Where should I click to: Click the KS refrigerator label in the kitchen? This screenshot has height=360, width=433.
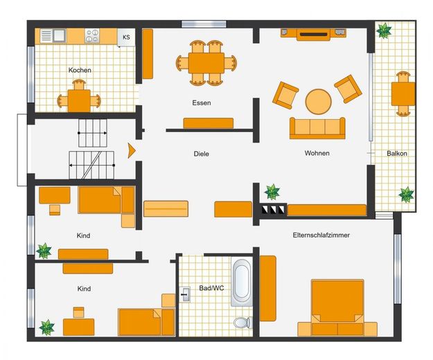(126, 37)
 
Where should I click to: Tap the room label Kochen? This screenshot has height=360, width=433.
(80, 70)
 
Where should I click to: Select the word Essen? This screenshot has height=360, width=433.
(202, 103)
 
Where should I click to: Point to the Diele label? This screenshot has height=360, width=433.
(202, 154)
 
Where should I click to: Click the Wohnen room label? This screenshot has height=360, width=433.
(317, 153)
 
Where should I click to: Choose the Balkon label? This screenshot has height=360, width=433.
(397, 154)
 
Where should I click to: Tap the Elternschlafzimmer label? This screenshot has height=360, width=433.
(321, 235)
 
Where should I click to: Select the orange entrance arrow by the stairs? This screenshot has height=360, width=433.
(132, 151)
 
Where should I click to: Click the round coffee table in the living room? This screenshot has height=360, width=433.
(319, 101)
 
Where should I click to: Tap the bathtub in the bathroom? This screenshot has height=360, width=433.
(242, 282)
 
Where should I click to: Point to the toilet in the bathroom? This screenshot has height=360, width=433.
(242, 323)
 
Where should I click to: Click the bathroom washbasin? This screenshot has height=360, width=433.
(185, 294)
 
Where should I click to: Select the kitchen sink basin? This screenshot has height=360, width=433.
(59, 35)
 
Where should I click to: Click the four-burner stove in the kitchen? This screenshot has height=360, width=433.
(92, 36)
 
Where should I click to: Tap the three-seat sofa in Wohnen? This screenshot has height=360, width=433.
(317, 128)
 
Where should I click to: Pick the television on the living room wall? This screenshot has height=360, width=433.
(313, 35)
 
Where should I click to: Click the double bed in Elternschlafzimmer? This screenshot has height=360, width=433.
(337, 308)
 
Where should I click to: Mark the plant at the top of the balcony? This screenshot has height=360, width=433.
(384, 30)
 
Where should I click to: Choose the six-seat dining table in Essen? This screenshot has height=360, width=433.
(206, 63)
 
